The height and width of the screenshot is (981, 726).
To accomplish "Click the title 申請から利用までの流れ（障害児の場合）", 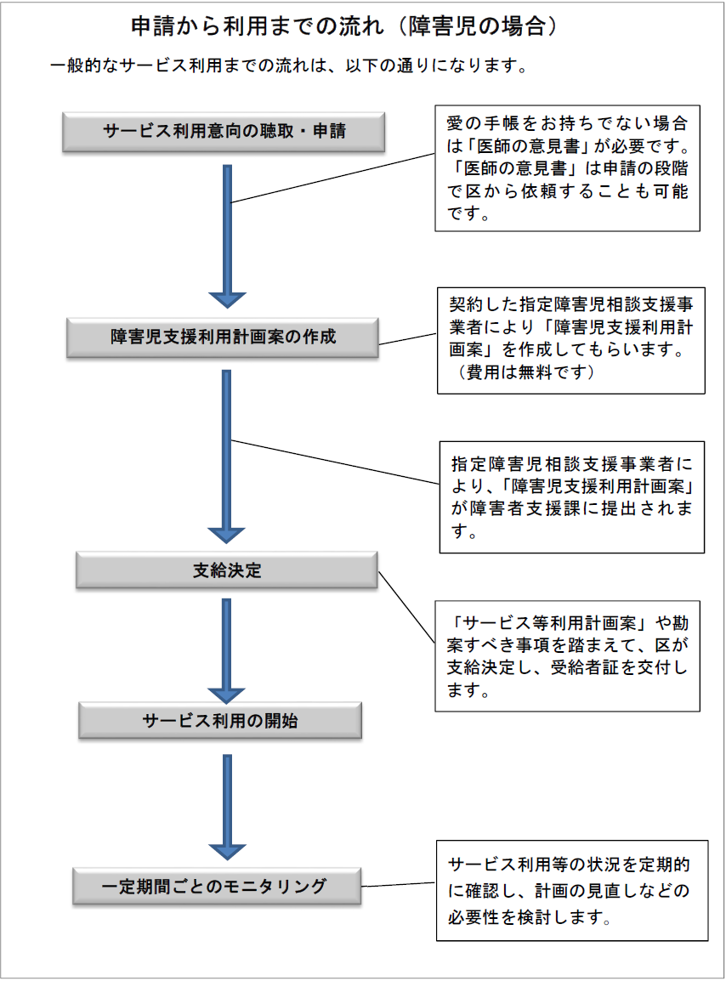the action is coord(343,26).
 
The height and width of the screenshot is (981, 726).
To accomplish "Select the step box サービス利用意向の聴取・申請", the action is coord(224,132).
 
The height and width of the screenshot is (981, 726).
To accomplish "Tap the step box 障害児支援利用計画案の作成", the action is coord(223,337).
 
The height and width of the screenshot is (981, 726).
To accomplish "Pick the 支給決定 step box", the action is coord(227,570).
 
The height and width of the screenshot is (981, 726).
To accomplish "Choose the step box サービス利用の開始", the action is coord(220,720).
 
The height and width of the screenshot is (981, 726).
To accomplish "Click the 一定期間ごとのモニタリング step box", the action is coord(217,886).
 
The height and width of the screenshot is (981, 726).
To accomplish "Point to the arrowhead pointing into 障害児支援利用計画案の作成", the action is coord(227,300).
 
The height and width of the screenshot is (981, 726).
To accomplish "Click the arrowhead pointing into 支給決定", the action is coord(227,535).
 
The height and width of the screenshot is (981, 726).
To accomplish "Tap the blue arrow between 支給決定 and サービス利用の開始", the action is coord(227,651).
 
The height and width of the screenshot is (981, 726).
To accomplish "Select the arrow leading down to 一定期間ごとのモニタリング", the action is coord(227,807).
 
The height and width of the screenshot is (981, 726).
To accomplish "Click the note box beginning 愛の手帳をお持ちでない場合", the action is coord(568,168).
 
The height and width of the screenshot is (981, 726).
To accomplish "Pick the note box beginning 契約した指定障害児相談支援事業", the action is coord(570,340).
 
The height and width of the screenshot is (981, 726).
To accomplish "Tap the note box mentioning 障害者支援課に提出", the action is coord(572,497).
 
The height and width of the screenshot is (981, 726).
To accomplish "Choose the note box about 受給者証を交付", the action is coord(568,656).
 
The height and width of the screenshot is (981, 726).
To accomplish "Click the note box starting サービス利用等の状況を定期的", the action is coord(572,890).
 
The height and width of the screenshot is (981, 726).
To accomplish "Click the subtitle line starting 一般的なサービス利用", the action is coord(289,65).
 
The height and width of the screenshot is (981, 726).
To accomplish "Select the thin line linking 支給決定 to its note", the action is coord(407,607).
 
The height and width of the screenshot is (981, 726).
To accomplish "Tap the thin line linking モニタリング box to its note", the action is coord(399,885).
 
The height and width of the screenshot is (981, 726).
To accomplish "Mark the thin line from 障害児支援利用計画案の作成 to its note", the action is coord(408,338).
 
